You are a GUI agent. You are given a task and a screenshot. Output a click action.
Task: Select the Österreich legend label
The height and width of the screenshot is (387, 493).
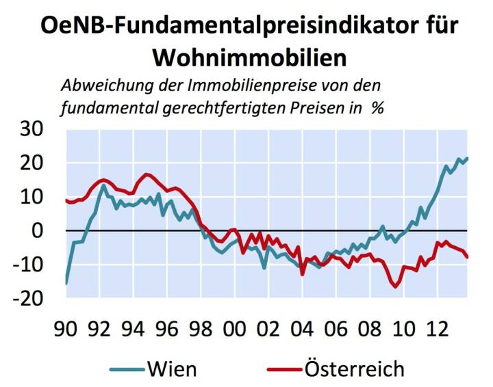tap(356, 369)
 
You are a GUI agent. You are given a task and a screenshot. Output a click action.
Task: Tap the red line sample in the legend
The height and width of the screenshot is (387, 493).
tap(282, 370)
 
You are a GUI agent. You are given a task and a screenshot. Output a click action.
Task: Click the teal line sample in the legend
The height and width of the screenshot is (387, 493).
tap(127, 370)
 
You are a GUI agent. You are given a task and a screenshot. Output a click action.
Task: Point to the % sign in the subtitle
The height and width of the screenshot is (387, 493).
tap(377, 108)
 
